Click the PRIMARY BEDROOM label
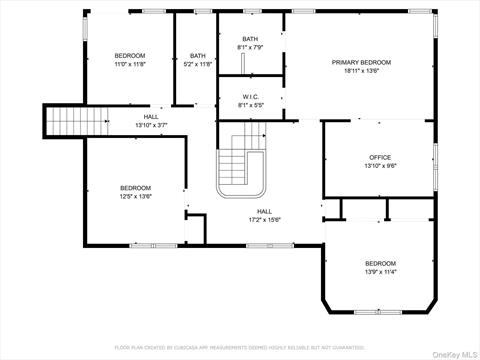[361, 62]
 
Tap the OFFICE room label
[379, 157]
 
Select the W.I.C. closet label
[251, 97]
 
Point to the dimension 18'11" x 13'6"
[361, 71]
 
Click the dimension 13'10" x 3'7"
[151, 125]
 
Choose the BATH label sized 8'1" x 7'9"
[251, 37]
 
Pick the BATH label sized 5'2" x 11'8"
[198, 56]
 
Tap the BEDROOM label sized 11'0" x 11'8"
[130, 56]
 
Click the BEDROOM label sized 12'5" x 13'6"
[136, 188]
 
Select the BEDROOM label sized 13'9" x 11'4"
[379, 262]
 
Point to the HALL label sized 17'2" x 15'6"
[264, 211]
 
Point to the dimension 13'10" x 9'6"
[379, 166]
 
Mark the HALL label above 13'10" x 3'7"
[151, 116]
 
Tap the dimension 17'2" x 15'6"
[264, 220]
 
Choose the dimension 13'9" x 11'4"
[379, 271]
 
